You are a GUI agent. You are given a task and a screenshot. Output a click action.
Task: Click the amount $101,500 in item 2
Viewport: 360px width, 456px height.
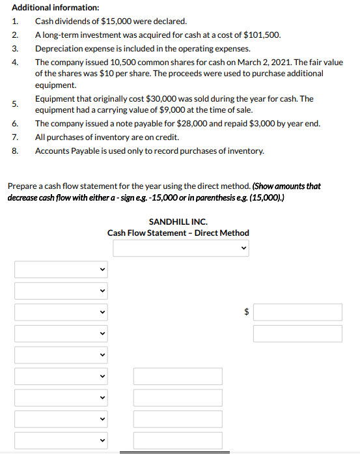[264, 35]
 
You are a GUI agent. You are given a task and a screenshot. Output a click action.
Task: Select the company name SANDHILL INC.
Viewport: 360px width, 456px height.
[178, 221]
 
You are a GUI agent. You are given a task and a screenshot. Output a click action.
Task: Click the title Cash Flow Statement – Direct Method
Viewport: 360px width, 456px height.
[178, 233]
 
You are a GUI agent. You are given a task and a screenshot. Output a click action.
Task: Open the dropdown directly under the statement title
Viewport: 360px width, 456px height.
[181, 248]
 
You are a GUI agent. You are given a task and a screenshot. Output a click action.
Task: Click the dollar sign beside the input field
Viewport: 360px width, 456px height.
[246, 312]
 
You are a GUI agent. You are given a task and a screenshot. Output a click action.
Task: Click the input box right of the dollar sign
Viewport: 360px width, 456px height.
[298, 312]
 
